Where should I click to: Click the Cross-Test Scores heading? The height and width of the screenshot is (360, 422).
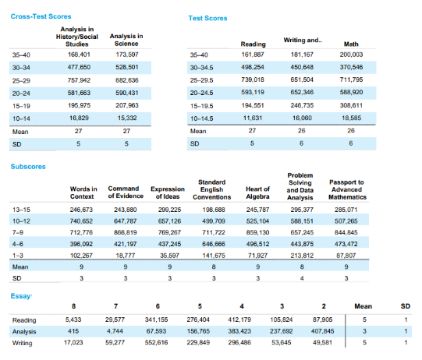click(41, 16)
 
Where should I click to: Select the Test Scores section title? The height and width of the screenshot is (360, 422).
click(207, 18)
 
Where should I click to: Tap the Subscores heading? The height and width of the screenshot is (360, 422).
click(28, 167)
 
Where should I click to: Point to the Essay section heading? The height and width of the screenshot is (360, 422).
click(21, 296)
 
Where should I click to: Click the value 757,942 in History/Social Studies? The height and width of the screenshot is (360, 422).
click(79, 80)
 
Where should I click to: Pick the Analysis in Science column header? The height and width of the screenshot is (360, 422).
click(126, 40)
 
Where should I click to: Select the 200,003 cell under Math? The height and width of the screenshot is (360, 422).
click(351, 55)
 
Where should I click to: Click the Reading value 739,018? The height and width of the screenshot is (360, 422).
click(253, 79)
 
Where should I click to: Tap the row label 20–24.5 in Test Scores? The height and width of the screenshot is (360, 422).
click(201, 93)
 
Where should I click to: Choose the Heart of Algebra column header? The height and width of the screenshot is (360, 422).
click(257, 192)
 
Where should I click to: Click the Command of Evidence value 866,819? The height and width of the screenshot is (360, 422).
click(125, 232)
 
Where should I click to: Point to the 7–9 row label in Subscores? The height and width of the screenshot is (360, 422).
click(18, 232)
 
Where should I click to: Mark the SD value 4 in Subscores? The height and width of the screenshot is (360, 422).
click(302, 278)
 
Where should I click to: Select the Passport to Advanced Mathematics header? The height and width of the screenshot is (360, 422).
click(347, 189)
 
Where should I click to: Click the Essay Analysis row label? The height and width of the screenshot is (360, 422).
click(24, 332)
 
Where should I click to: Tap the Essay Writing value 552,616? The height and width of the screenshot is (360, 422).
click(156, 343)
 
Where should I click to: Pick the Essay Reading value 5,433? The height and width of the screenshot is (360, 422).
click(73, 319)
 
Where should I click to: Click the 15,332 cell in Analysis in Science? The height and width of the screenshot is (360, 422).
click(127, 118)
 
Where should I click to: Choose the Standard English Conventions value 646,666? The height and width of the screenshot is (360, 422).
click(214, 244)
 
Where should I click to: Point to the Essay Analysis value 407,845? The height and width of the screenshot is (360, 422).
click(322, 331)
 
